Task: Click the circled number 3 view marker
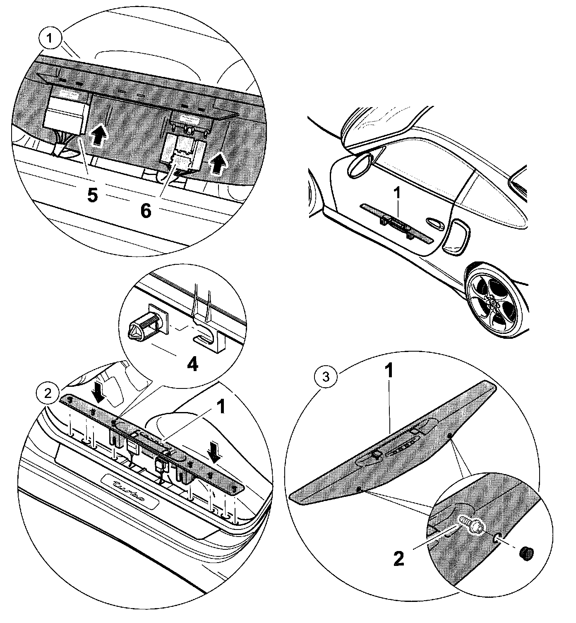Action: (x=326, y=377)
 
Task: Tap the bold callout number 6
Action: (x=146, y=211)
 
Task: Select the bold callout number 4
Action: (x=192, y=364)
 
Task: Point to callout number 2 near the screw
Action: (x=398, y=559)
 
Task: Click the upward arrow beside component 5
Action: (x=97, y=135)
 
